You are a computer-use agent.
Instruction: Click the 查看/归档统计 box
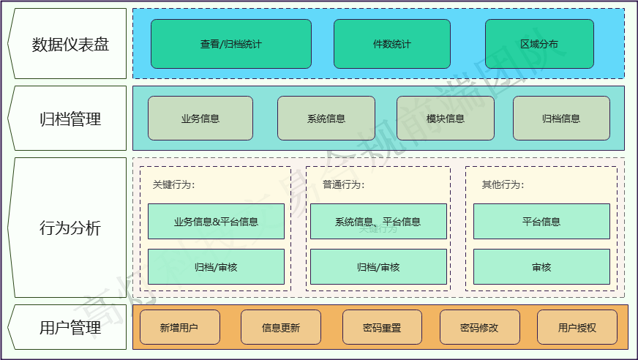coord(230,44)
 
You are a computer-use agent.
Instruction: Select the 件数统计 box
coord(391,44)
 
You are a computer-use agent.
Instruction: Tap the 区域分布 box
coord(539,44)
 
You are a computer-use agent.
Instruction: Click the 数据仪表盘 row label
coord(70,45)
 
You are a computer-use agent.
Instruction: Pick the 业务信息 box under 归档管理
coord(200,119)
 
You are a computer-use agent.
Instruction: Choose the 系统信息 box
coord(326,119)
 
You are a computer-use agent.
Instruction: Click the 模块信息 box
coord(445,119)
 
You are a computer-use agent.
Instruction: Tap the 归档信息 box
coord(561,119)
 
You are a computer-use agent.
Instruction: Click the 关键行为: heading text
coord(174,184)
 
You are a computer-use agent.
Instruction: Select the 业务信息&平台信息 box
coord(216,222)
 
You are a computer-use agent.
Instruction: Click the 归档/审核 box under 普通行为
coord(378,267)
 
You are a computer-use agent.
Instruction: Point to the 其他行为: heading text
coord(503,184)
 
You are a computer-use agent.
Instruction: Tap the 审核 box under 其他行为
coord(541,267)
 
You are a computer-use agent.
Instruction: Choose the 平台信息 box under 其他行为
coord(541,222)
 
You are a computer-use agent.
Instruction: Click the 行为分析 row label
coord(70,228)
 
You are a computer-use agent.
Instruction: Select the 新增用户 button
coord(179,328)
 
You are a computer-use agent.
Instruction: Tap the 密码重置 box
coord(382,328)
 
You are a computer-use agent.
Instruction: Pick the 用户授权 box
coord(577,328)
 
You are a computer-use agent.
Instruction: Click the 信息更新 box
coord(281,328)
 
